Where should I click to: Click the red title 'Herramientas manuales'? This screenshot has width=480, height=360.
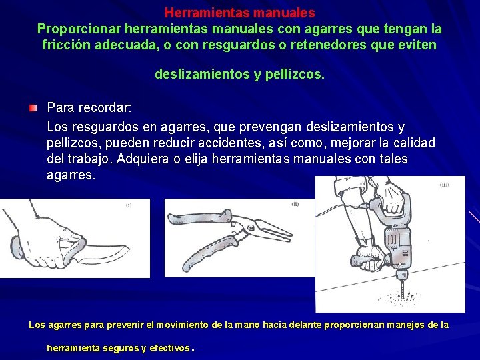(x=239, y=13)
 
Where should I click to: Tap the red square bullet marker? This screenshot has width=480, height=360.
(x=33, y=108)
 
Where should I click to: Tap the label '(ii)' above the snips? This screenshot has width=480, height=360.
(x=295, y=204)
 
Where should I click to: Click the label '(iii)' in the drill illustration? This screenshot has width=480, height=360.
(x=444, y=185)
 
